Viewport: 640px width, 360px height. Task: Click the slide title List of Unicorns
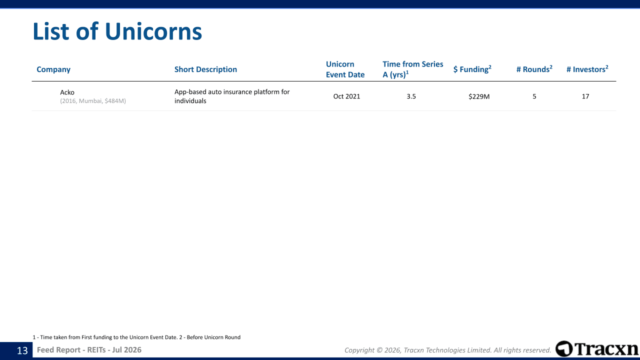117,31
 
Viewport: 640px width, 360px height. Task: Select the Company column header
53,69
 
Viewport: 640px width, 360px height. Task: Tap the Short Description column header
205,69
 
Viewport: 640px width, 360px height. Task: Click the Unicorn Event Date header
345,69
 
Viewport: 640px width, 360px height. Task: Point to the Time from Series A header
413,69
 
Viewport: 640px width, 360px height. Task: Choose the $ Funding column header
472,69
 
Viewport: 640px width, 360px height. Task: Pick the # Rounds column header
534,69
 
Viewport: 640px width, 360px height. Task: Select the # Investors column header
587,69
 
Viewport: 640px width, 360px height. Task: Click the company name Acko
67,92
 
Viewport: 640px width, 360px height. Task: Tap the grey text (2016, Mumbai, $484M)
93,101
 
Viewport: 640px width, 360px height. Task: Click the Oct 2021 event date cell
346,96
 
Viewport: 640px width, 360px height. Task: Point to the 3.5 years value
411,96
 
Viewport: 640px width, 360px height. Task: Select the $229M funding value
479,96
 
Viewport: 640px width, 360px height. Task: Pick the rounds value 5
534,96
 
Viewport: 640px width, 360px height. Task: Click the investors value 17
585,96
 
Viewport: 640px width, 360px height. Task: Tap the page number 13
22,350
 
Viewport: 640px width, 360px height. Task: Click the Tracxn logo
596,348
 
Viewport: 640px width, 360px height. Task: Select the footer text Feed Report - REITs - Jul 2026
89,350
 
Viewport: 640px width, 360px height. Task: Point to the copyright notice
447,350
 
